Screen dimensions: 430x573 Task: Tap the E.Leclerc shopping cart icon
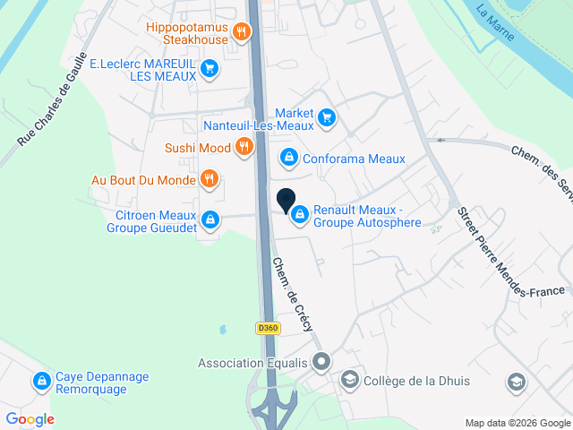[209, 67]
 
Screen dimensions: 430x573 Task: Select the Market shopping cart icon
[326, 116]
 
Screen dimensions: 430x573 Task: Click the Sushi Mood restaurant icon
[243, 148]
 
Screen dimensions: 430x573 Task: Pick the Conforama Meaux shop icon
[288, 159]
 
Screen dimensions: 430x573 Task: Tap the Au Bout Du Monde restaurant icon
[209, 179]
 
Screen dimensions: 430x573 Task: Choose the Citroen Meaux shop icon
[210, 219]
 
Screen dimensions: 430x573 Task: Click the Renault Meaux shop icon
[299, 215]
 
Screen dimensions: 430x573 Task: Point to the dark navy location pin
[286, 202]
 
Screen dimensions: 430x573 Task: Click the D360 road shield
[268, 329]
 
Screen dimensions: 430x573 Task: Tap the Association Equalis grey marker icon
[322, 363]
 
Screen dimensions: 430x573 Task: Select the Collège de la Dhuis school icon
[349, 382]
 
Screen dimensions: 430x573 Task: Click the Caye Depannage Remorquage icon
[41, 383]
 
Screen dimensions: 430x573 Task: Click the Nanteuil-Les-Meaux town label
[259, 126]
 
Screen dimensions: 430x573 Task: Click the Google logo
[30, 418]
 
